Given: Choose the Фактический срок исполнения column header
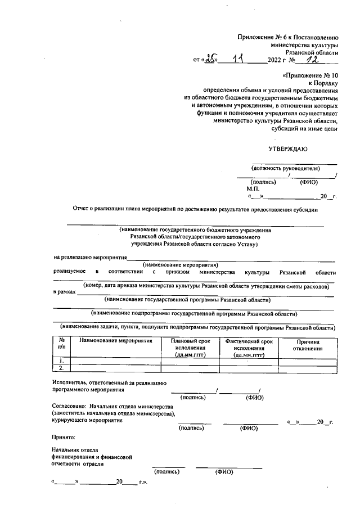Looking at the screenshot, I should point(249,348).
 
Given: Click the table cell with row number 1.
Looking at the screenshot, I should point(61,361).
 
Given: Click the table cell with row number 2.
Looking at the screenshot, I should point(61,368).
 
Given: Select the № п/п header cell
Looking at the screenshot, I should point(61,345).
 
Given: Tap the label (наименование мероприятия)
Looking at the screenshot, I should point(180,264).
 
